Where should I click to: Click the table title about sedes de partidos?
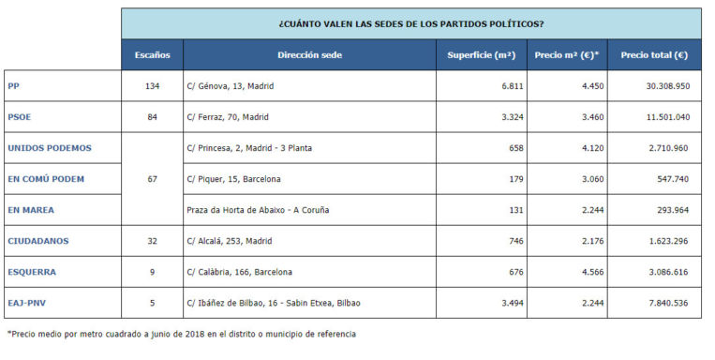click(410, 23)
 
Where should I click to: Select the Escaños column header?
click(151, 55)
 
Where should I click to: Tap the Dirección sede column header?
click(309, 55)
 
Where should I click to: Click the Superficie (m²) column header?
click(481, 55)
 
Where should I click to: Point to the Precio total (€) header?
click(653, 55)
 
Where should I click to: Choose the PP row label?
click(14, 86)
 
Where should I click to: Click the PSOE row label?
click(20, 117)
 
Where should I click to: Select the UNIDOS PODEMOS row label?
click(49, 148)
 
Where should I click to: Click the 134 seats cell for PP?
click(152, 86)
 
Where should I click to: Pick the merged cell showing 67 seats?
click(152, 179)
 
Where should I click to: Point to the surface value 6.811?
click(511, 86)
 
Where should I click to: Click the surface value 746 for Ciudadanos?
click(514, 241)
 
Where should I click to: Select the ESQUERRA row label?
click(32, 272)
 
